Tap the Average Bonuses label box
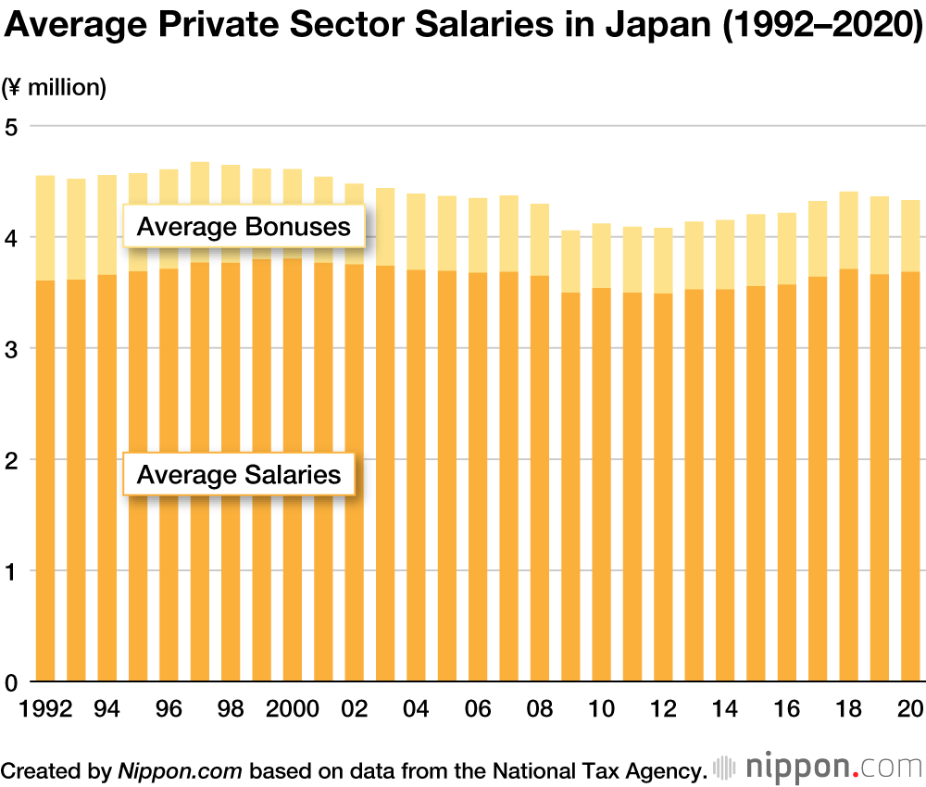click(x=244, y=227)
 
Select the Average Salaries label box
click(x=239, y=475)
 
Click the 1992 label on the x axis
click(x=45, y=710)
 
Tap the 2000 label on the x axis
click(x=293, y=710)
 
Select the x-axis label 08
click(x=540, y=710)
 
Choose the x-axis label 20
click(x=911, y=710)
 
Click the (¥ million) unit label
click(x=54, y=88)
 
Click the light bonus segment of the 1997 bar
click(x=200, y=212)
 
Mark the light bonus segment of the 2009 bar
click(x=570, y=261)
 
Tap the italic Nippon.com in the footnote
click(x=180, y=769)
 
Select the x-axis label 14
click(x=725, y=710)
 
